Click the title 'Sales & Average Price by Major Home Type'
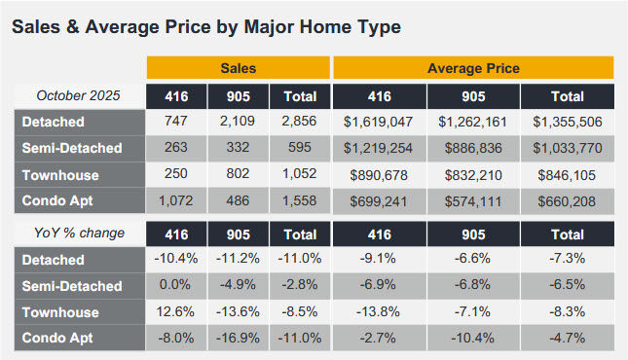tap(205, 26)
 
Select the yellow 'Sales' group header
tap(238, 69)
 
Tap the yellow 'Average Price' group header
tap(473, 69)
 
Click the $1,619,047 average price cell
tap(379, 123)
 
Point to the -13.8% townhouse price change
tap(379, 311)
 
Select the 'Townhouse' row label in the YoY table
tap(59, 311)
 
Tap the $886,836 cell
tap(473, 148)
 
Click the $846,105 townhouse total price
tap(568, 173)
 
